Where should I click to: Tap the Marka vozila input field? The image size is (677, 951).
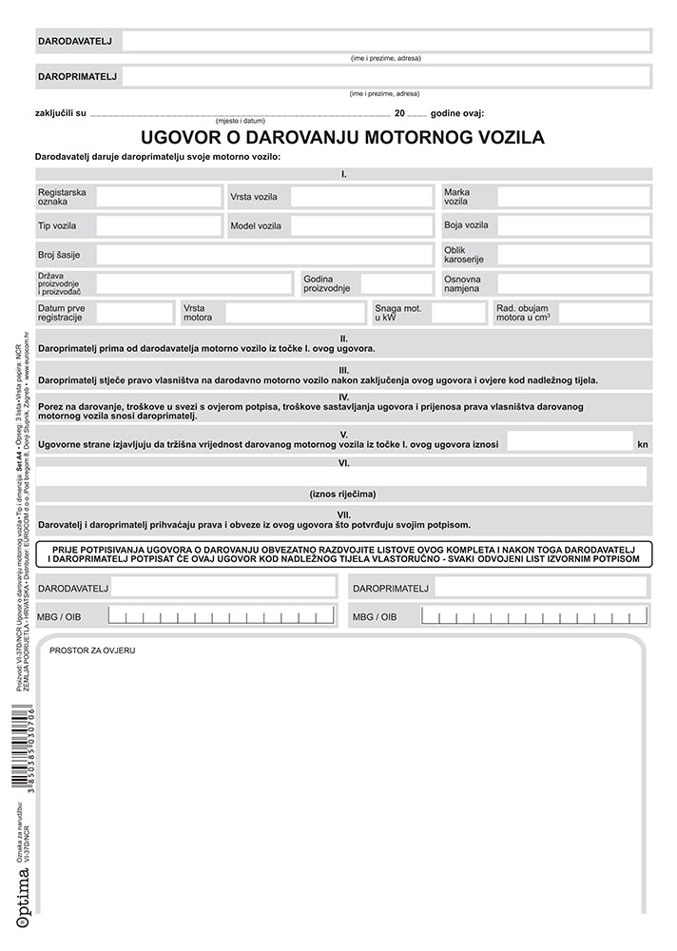(x=572, y=197)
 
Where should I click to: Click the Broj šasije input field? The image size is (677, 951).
(x=263, y=255)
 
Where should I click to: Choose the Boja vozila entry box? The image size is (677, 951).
(x=572, y=225)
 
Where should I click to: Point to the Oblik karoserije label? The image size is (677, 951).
(x=465, y=255)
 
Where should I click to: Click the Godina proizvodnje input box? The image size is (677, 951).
(x=396, y=283)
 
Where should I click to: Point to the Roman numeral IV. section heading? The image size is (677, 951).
(x=343, y=396)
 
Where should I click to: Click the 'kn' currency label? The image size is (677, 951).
(x=643, y=444)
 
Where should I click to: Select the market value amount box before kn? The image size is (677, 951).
(x=582, y=442)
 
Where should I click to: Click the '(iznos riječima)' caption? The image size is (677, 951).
(x=343, y=494)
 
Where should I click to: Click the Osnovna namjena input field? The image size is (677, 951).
(x=572, y=283)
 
